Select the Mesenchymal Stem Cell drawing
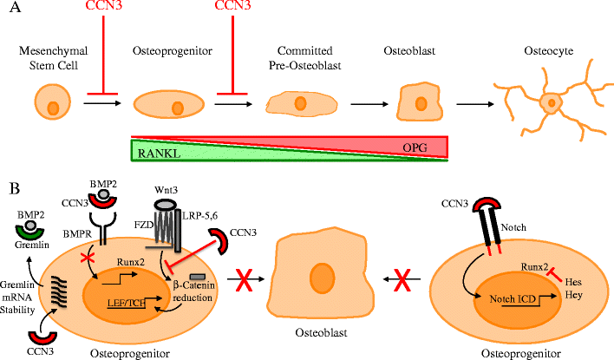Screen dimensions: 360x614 [52, 108]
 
